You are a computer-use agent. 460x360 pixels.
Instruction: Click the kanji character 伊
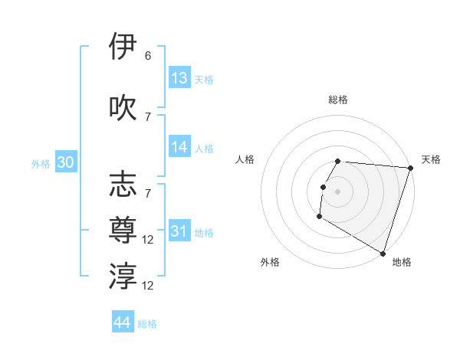pos(124,47)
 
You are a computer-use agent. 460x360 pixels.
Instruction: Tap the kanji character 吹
pos(124,107)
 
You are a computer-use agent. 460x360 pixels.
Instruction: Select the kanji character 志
pos(124,185)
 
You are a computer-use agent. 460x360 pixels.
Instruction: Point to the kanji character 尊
pos(124,231)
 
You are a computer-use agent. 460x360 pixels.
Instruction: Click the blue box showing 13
pos(179,78)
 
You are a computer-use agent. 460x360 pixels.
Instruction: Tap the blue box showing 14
pos(179,148)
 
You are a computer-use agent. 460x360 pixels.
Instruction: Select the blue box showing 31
pos(179,231)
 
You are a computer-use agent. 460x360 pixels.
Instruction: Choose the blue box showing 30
pos(65,163)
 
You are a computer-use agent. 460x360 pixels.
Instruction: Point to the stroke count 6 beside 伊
pos(148,56)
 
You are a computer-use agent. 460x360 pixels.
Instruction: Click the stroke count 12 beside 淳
pos(148,286)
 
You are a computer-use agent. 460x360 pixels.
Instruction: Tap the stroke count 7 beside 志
pos(148,194)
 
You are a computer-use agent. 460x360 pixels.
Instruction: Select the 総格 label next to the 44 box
pos(147,324)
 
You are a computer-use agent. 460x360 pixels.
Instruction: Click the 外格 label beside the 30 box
pos(41,164)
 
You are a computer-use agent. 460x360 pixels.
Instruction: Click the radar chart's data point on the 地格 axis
pos(382,253)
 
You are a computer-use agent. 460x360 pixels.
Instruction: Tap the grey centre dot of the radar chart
pos(338,191)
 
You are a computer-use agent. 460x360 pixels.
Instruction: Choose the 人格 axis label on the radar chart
pos(245,160)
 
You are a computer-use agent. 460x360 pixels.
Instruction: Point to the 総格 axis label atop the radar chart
pos(338,100)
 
